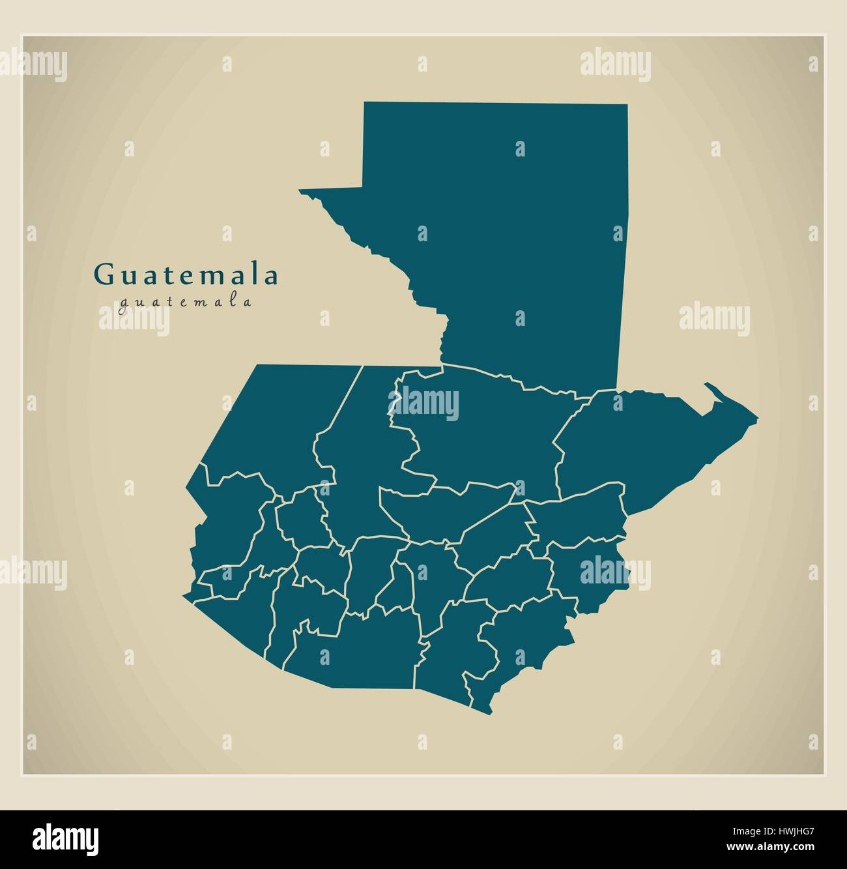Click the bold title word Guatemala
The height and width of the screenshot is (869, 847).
[x=187, y=275]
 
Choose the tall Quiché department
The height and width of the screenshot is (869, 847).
[x=355, y=469]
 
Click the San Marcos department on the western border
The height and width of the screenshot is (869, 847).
[x=225, y=522]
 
